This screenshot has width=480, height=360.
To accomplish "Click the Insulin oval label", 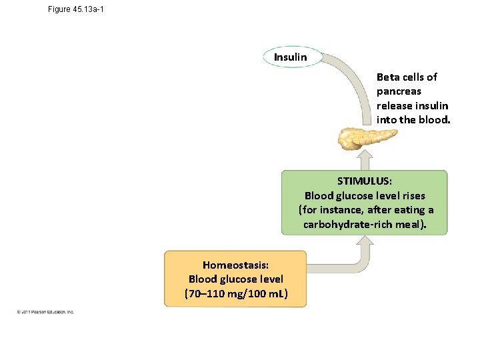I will (290, 57).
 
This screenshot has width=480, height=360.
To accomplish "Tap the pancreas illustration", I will (365, 139).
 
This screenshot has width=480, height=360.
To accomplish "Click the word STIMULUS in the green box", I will (364, 181).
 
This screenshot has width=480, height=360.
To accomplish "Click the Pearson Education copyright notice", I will (46, 312).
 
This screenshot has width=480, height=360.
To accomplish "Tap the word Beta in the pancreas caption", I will (388, 77).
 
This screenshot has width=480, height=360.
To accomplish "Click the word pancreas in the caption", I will (399, 91).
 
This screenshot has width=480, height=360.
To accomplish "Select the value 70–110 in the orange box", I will (205, 293).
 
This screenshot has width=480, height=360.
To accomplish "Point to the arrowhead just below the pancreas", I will (365, 157).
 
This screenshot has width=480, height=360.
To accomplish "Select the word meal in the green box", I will (411, 224).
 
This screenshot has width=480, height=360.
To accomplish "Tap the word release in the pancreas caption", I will (394, 106).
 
